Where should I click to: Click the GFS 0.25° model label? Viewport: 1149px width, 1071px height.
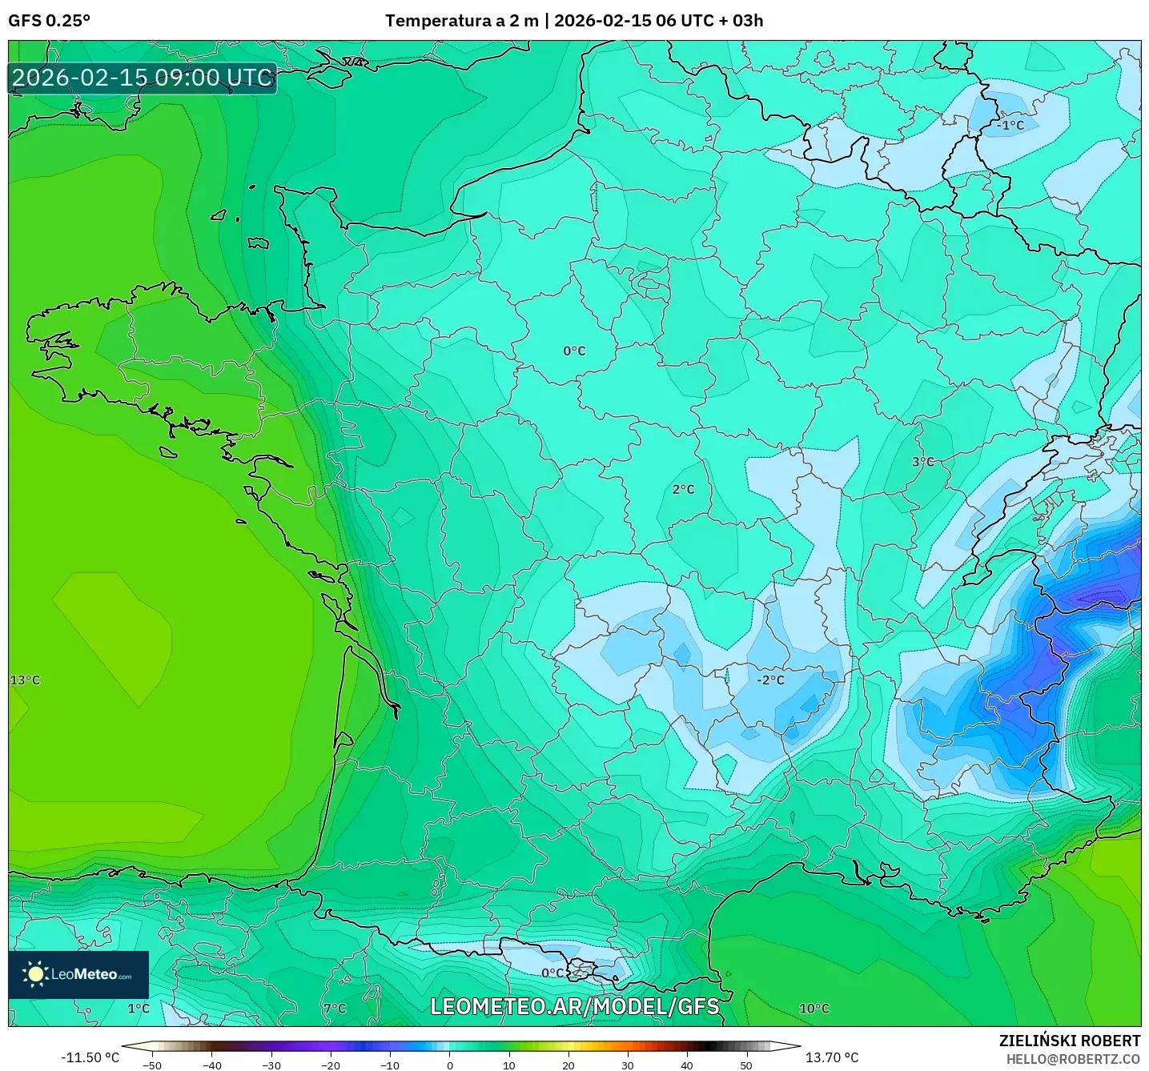(49, 21)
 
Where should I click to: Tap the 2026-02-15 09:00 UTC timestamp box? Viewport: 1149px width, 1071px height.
(143, 78)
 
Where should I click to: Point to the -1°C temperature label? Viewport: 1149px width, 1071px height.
(1010, 126)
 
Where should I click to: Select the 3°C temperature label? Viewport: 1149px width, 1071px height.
(922, 462)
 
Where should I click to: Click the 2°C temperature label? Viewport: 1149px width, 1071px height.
(683, 490)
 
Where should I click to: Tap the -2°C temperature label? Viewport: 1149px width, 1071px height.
(770, 680)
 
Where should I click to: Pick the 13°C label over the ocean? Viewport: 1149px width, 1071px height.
(25, 680)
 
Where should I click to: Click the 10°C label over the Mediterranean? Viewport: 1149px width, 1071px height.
(814, 1009)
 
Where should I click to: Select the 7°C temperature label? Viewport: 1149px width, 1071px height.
(335, 1009)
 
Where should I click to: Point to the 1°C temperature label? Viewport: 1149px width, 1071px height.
(139, 1009)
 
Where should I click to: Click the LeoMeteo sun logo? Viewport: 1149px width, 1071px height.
(35, 974)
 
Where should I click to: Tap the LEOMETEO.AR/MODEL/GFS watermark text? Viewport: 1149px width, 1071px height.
(574, 1006)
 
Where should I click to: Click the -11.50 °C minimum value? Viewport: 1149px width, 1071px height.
(90, 1057)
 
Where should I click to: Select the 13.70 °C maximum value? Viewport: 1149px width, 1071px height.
(831, 1057)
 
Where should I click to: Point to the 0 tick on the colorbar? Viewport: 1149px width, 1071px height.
(450, 1065)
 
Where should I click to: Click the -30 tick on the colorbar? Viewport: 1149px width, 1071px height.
(271, 1065)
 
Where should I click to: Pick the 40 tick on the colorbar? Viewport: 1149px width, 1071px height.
(687, 1065)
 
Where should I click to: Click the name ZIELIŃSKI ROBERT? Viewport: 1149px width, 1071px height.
(1069, 1041)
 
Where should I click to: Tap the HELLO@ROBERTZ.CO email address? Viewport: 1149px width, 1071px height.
(1072, 1059)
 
